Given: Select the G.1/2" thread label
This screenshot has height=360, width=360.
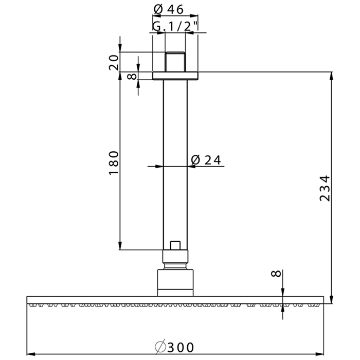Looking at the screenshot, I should pos(175,26).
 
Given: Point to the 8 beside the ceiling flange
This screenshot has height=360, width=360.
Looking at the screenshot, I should pos(132,76).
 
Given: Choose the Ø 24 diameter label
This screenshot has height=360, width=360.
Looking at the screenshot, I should pos(206,160).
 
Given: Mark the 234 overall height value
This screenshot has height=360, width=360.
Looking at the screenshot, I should pos(324,188).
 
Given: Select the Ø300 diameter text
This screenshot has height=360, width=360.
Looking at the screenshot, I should pos(175,347).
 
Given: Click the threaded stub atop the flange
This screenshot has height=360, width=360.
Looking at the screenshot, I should pos(175,62).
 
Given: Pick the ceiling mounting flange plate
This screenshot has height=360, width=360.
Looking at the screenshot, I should pos(175,76).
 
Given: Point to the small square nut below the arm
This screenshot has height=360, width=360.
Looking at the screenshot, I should pos(176,245).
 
